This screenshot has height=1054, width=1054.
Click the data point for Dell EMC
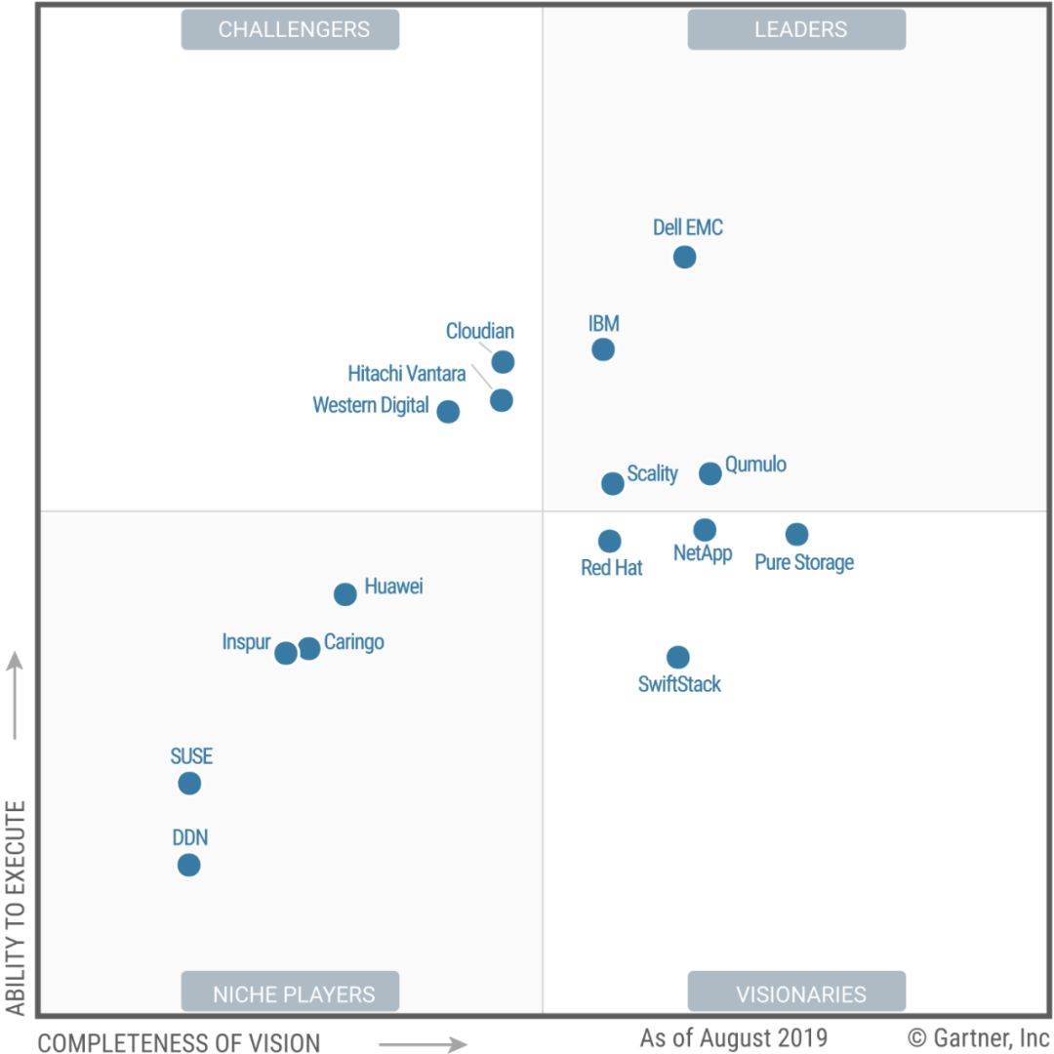684,257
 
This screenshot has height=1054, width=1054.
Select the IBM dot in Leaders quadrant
603,348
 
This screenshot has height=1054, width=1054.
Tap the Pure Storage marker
796,534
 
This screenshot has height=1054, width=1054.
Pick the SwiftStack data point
677,657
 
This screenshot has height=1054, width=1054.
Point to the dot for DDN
189,865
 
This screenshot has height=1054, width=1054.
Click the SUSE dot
189,783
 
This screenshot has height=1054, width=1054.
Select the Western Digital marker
448,411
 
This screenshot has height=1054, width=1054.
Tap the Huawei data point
345,593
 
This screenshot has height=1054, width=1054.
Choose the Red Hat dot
609,541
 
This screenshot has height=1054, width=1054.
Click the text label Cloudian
479,331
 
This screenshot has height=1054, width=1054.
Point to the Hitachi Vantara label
406,374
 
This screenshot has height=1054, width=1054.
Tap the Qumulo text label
755,464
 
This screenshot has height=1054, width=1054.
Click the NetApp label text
703,554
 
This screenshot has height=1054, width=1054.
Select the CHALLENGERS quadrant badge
291,29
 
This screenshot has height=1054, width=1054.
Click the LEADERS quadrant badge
797,29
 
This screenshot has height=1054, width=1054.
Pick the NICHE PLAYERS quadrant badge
291,993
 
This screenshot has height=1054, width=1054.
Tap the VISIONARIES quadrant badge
797,993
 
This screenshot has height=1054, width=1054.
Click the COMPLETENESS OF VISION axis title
179,1042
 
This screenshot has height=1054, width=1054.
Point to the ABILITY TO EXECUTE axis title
15,908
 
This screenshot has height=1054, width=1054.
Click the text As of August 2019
733,1036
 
